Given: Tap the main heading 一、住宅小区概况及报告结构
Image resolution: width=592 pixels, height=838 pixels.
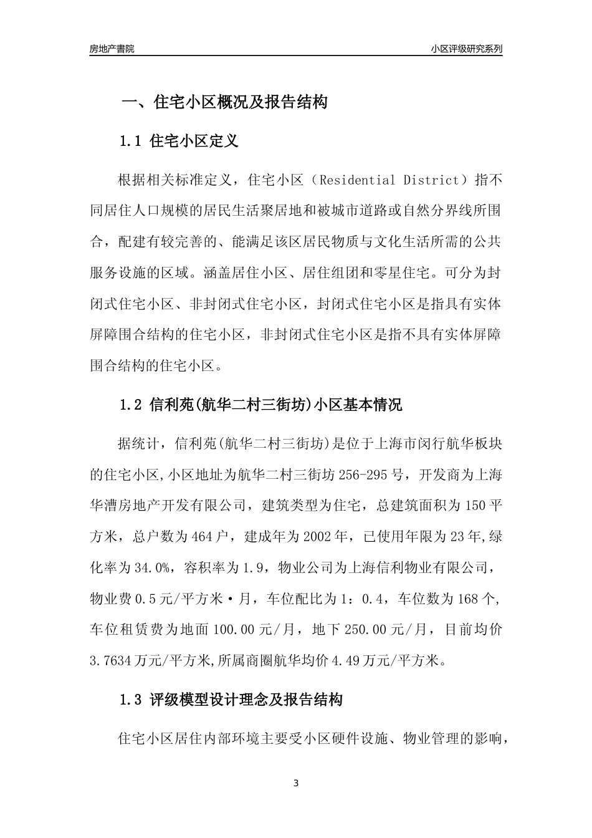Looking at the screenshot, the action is coord(224,102).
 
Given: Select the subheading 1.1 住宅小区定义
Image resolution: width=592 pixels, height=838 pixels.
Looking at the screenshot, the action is coord(179,142).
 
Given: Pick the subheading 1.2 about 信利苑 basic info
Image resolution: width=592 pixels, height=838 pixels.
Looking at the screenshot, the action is coord(260,405).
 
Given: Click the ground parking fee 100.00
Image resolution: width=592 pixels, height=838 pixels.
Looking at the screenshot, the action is coord(234,630).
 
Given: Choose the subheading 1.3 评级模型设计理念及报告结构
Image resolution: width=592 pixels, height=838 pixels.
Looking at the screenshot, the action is coord(231,700).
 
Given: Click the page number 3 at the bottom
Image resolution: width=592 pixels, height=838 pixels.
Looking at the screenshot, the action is coord(296,784).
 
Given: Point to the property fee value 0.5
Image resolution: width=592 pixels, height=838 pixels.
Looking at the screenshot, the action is coord(145,599).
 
